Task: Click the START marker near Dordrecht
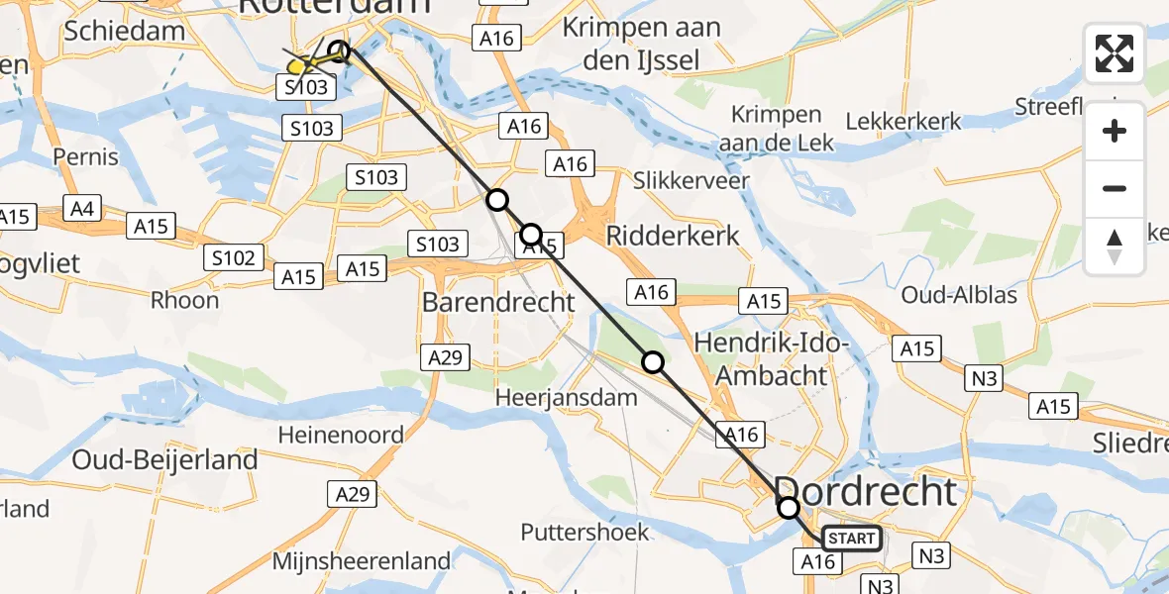pyautogui.click(x=851, y=539)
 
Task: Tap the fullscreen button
pyautogui.click(x=1115, y=53)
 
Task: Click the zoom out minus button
pyautogui.click(x=1115, y=188)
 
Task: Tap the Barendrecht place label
pyautogui.click(x=498, y=302)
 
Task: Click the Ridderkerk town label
pyautogui.click(x=674, y=236)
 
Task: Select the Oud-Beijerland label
pyautogui.click(x=164, y=459)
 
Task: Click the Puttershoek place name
pyautogui.click(x=585, y=532)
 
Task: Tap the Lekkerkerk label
pyautogui.click(x=903, y=122)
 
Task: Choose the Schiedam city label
pyautogui.click(x=124, y=31)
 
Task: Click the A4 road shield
pyautogui.click(x=81, y=209)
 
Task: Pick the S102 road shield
pyautogui.click(x=234, y=259)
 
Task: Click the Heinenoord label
pyautogui.click(x=341, y=435)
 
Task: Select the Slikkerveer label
pyautogui.click(x=691, y=180)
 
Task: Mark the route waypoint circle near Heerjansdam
pyautogui.click(x=653, y=362)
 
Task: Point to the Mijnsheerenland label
pyautogui.click(x=363, y=561)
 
